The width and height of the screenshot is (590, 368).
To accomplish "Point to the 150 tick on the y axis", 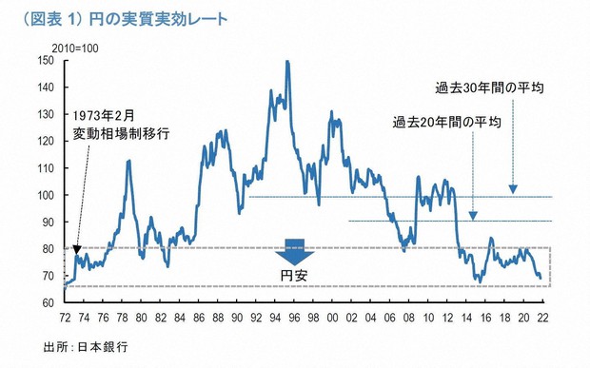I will pos(45,60).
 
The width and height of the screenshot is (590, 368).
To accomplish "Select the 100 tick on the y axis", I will pos(45,195).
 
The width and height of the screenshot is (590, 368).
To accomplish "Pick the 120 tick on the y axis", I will pos(45,141).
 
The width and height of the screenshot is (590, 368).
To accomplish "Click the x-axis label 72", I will pos(63,317).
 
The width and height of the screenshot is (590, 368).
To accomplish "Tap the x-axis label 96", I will pos(296,317).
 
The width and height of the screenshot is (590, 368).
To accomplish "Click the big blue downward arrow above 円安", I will pos(295,253).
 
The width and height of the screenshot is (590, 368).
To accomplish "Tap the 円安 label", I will pos(295,276).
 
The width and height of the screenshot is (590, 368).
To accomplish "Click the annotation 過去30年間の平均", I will pos(489,88).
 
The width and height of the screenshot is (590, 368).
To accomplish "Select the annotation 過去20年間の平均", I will pos(447,123).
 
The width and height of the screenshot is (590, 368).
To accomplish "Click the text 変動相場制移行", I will pos(122,134).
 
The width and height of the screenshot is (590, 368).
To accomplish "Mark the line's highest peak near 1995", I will pos(287,62).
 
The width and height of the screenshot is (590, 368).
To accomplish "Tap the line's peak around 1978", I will pos(128,161).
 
